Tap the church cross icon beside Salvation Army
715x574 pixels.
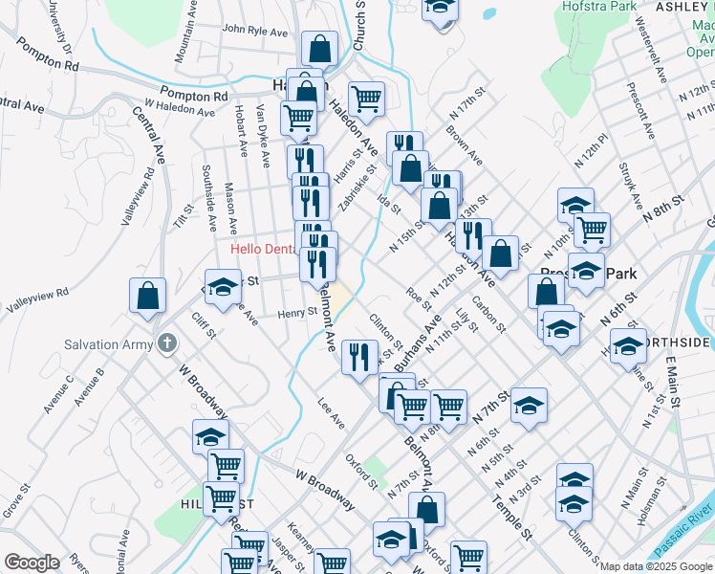click(167, 342)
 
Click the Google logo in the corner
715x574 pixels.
click(32, 563)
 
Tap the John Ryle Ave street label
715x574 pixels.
click(254, 31)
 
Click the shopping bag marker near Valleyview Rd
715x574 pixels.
click(148, 296)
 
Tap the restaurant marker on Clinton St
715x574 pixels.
click(359, 358)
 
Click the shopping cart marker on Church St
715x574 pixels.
click(366, 97)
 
